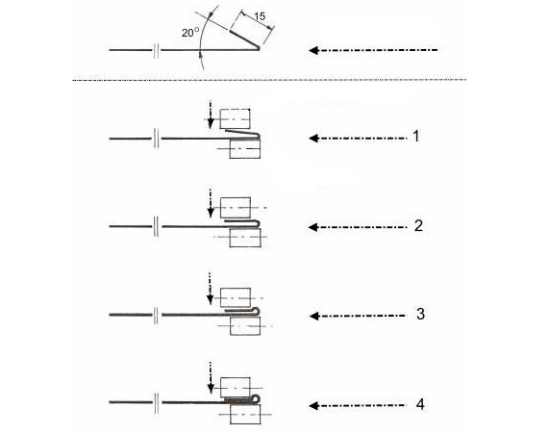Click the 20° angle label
point(190,33)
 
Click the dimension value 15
point(260,16)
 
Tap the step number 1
point(416,137)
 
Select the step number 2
point(418,226)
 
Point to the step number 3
point(420,314)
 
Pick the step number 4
point(420,404)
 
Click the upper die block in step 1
point(235,118)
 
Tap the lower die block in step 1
point(245,148)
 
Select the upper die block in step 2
point(236,208)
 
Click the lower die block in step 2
point(245,238)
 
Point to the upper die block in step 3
point(236,297)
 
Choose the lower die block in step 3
point(245,326)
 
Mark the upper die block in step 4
point(236,388)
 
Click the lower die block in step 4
point(245,415)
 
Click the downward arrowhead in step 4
point(211,389)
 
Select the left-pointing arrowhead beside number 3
point(313,316)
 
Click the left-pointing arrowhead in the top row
point(313,50)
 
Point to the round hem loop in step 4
point(256,398)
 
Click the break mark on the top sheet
point(157,51)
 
